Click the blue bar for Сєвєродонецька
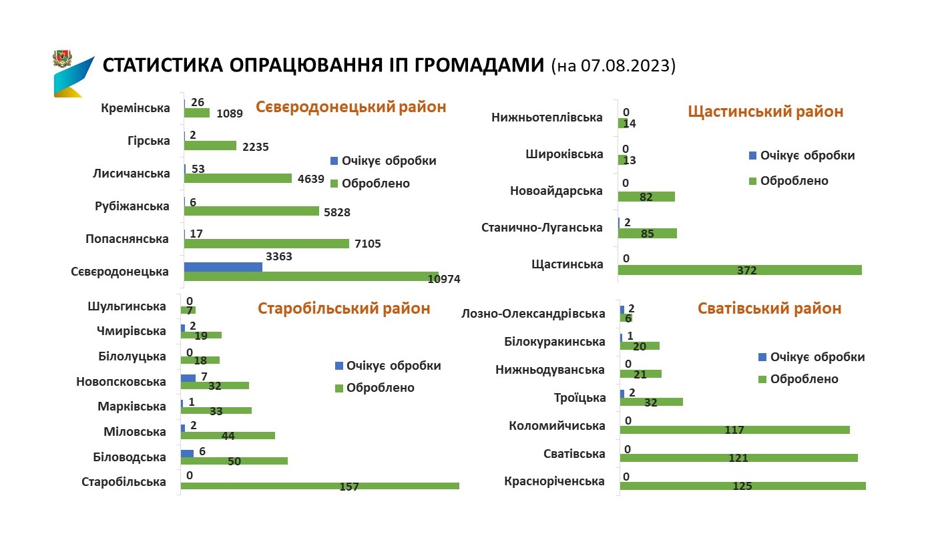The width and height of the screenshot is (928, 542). [223, 266]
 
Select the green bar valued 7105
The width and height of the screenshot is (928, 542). [266, 244]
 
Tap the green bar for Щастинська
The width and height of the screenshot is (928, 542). [740, 270]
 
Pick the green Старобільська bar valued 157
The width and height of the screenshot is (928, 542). [320, 486]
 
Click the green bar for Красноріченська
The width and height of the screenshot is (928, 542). [742, 486]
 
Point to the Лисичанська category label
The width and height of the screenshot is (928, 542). [132, 174]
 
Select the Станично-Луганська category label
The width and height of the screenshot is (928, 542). [541, 228]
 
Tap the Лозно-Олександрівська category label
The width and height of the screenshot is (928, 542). [533, 314]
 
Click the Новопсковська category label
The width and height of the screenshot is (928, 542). [121, 382]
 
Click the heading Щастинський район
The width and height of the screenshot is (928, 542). [765, 111]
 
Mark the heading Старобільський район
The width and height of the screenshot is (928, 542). [344, 308]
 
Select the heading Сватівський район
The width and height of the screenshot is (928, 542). [769, 308]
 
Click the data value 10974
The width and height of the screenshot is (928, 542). [444, 279]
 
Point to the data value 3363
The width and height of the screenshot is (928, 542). [279, 256]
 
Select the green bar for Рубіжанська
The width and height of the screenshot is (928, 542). [252, 211]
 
